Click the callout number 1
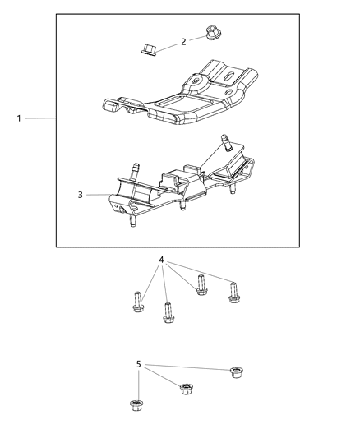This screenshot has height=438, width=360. [18, 119]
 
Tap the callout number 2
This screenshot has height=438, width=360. [182, 41]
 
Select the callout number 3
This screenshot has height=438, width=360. [81, 195]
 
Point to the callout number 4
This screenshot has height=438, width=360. [162, 260]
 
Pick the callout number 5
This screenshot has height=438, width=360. [139, 363]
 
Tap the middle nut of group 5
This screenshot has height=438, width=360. [186, 388]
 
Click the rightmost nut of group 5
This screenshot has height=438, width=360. [236, 374]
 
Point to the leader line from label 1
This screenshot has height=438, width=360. [39, 119]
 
